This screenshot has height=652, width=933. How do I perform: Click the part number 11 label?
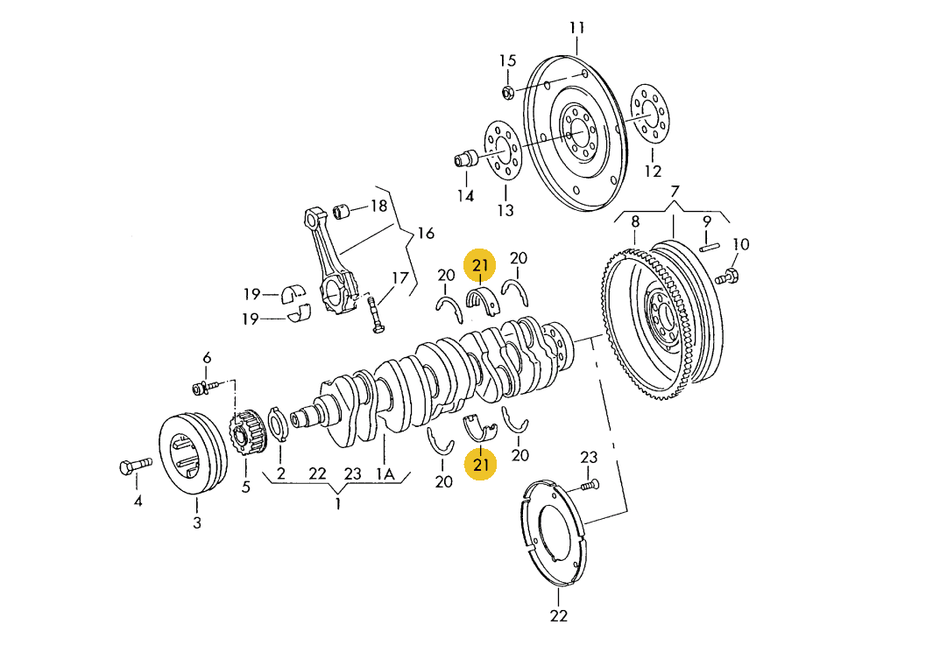pyautogui.click(x=576, y=27)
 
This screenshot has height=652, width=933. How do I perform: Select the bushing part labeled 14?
pyautogui.click(x=465, y=159)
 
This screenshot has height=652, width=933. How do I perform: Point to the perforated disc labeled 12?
pyautogui.click(x=649, y=113)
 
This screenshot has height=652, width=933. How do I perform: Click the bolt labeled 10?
pyautogui.click(x=725, y=277)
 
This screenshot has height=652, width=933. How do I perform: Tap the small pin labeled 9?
pyautogui.click(x=708, y=247)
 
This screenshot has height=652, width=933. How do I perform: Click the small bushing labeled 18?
pyautogui.click(x=344, y=211)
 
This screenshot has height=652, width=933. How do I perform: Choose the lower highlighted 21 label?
pyautogui.click(x=482, y=464)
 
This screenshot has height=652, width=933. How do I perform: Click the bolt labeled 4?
pyautogui.click(x=134, y=466)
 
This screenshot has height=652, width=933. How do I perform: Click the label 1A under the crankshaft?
pyautogui.click(x=385, y=473)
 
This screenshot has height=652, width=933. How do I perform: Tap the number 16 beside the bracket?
pyautogui.click(x=426, y=234)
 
